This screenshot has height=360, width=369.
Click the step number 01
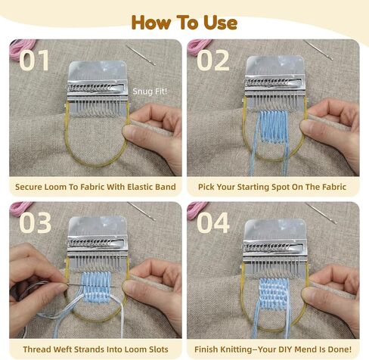click(34, 60)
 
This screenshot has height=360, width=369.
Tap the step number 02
click(213, 60)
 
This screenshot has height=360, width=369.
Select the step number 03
click(35, 222)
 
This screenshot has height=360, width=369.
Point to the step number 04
click(213, 222)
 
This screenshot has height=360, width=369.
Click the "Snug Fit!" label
click(150, 92)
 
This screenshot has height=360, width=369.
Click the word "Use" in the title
click(220, 23)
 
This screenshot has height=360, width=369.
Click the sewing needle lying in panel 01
click(141, 54)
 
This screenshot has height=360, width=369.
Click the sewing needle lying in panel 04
click(321, 213)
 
